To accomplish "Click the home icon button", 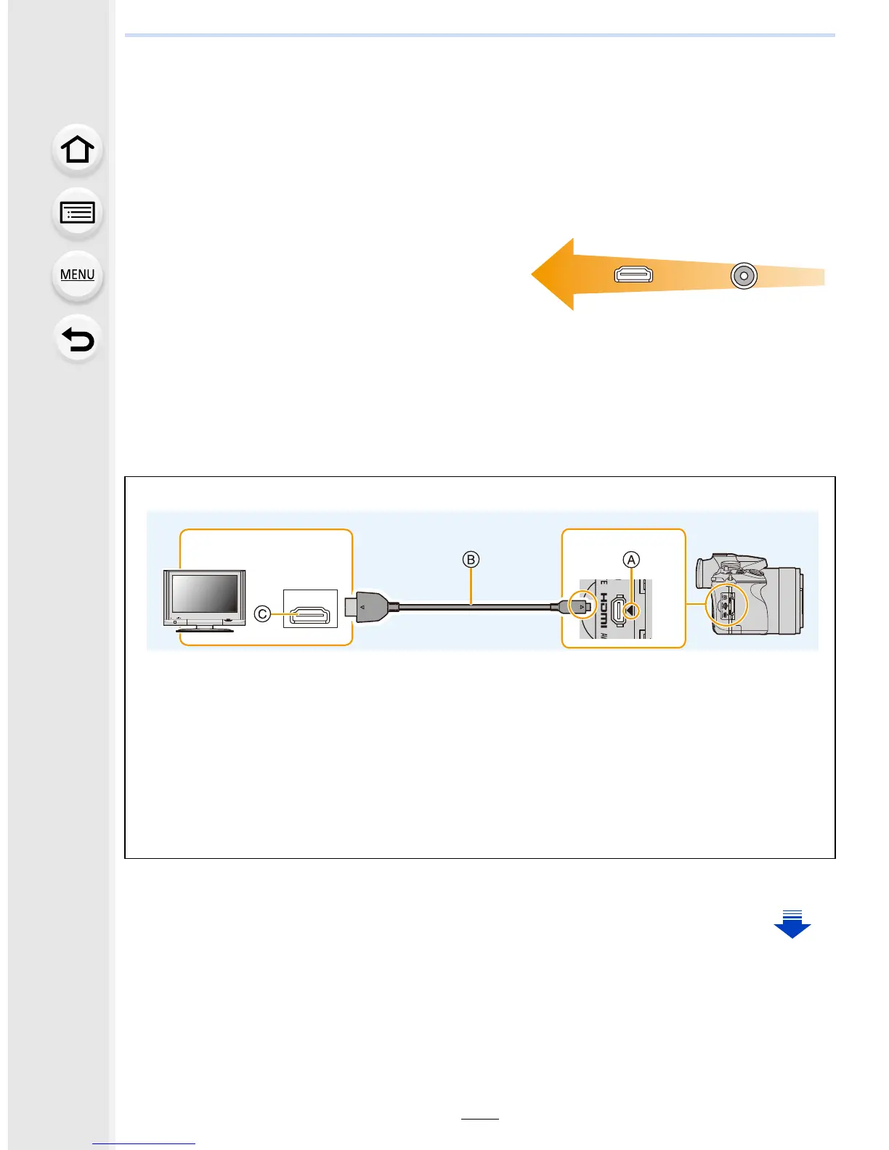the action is tap(77, 150).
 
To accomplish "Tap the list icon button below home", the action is tap(77, 213).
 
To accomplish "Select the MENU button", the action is tap(77, 275).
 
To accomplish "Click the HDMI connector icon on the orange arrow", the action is tap(633, 274).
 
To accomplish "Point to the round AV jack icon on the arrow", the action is tap(744, 276).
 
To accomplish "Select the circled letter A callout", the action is tap(631, 560).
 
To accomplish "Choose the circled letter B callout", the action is tap(471, 560).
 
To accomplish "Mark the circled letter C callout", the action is tap(263, 614).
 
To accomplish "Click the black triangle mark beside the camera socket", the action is tap(631, 611).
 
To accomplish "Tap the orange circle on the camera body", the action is tap(726, 606).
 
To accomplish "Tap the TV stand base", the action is tap(206, 629).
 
